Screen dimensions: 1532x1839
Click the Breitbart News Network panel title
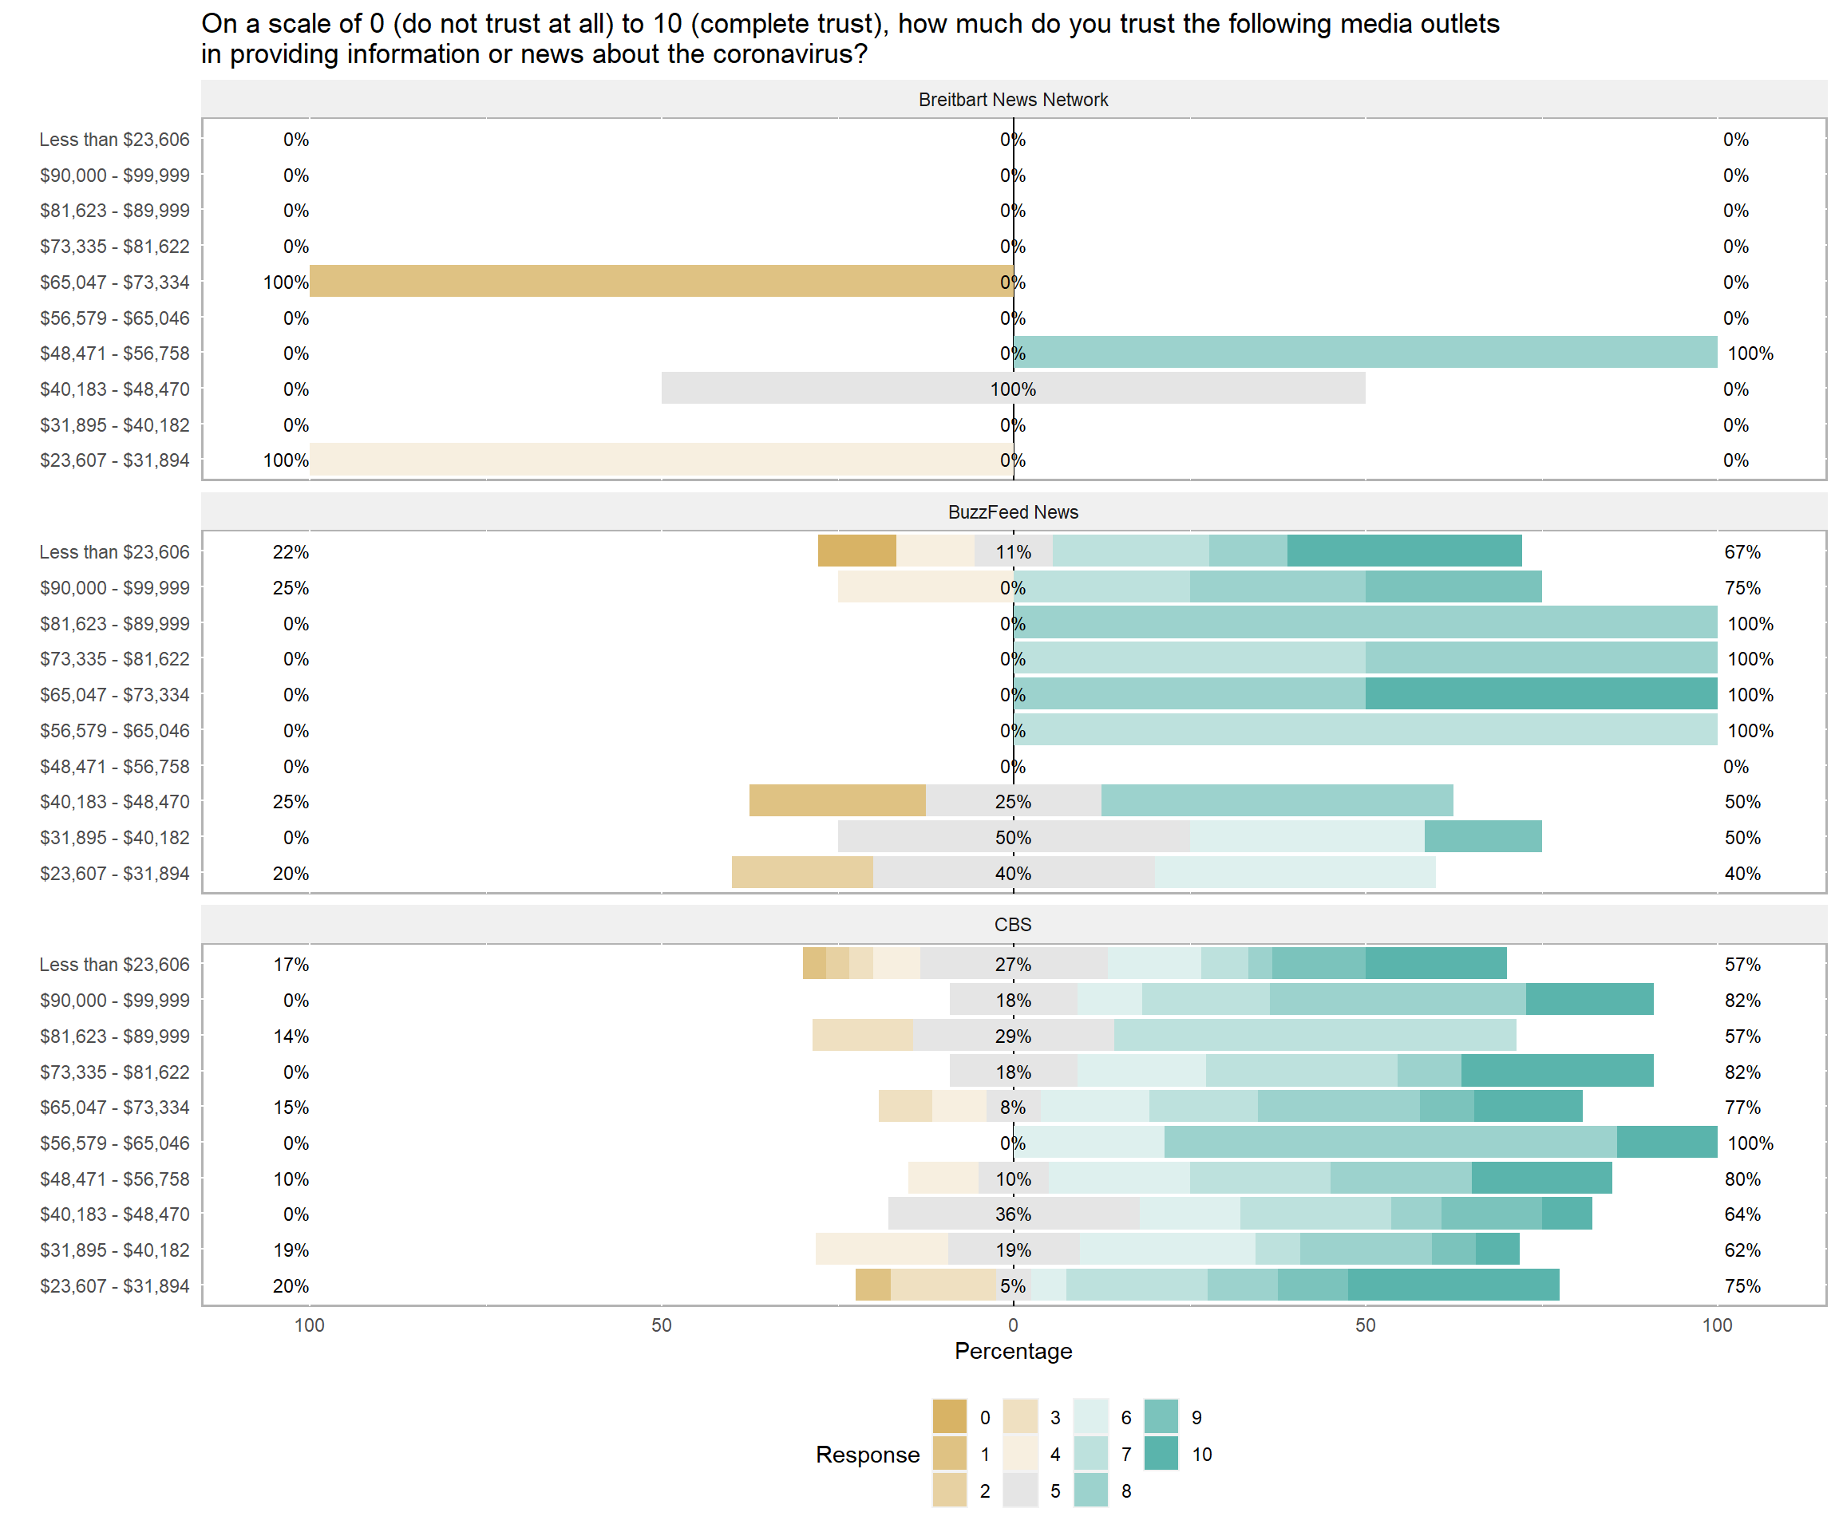[1012, 100]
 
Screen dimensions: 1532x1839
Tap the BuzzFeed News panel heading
[1012, 512]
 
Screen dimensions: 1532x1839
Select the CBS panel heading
[1012, 925]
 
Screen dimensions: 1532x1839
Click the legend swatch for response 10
[1161, 1454]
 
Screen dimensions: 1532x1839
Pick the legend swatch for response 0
[949, 1417]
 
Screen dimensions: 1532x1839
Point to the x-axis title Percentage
[1012, 1351]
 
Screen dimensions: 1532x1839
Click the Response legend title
[867, 1454]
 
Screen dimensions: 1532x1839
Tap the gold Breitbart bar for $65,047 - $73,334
[661, 282]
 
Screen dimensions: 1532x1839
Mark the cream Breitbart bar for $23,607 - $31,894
[661, 460]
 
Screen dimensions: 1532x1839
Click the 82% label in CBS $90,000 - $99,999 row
[1742, 1000]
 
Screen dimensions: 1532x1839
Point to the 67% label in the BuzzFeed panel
[1742, 551]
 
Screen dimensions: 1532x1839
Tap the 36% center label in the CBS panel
[1012, 1214]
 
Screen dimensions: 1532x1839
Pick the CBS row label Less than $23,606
[114, 964]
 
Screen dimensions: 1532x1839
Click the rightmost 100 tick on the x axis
[1716, 1325]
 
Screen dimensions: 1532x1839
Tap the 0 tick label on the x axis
[1012, 1325]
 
